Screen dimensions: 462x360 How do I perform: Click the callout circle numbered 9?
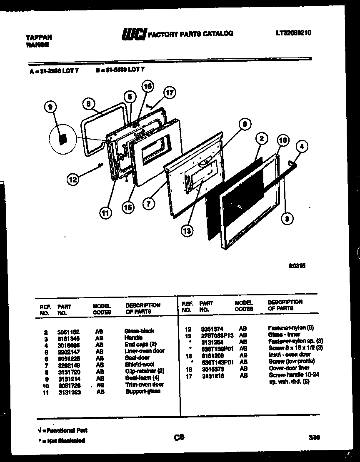point(50,108)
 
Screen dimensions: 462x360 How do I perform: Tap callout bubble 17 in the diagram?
point(169,93)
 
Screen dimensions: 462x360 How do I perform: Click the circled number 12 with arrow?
point(72,180)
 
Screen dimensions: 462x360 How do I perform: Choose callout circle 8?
point(245,124)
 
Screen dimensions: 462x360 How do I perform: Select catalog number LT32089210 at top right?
point(293,33)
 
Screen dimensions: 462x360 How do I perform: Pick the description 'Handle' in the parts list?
point(133,338)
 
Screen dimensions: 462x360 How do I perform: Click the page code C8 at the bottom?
point(179,437)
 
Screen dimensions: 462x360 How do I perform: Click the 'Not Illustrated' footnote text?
point(63,440)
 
